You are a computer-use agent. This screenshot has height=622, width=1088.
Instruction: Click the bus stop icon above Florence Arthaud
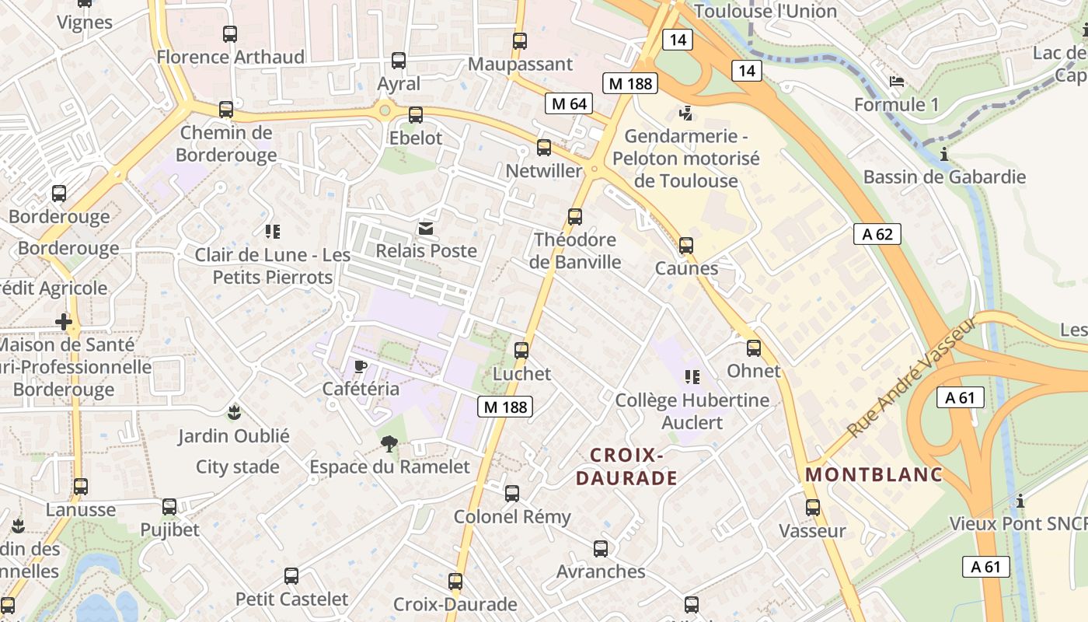coord(229,33)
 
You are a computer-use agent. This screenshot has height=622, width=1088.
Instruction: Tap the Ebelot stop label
coord(415,138)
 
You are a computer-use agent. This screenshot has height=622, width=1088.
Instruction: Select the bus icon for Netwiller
coord(544,147)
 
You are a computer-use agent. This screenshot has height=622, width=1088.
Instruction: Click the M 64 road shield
coord(570,103)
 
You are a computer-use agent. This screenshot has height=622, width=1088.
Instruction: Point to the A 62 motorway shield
coord(877,234)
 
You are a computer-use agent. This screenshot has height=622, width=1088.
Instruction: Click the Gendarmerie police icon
coord(685,114)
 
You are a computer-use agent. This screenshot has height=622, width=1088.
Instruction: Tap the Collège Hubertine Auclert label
coord(692,411)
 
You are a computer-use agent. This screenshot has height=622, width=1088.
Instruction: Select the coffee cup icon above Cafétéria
coord(360,365)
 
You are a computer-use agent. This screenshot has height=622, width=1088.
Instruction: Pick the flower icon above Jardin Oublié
coord(233,411)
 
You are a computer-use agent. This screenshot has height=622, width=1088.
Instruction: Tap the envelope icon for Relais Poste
coord(426,228)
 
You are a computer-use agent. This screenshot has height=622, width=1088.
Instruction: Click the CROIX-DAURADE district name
coord(626,466)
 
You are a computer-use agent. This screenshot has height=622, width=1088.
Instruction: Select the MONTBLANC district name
coord(874,474)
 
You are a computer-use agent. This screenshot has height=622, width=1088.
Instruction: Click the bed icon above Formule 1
coord(896,82)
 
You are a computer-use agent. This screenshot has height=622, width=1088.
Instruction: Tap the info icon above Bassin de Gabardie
coord(944,154)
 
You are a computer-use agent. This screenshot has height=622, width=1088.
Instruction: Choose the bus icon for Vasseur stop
coord(812,508)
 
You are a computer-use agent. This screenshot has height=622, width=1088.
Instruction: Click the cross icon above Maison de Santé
coord(64,321)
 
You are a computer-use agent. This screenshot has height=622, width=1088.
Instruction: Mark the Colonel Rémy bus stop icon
coord(511,494)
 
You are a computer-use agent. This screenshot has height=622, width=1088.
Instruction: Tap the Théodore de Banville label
coord(575,250)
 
